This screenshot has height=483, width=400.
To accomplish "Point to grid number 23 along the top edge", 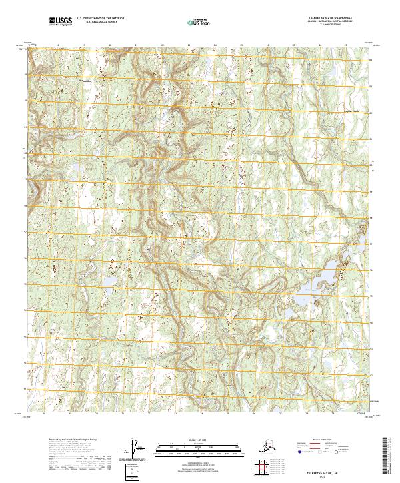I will pos(189,45).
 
